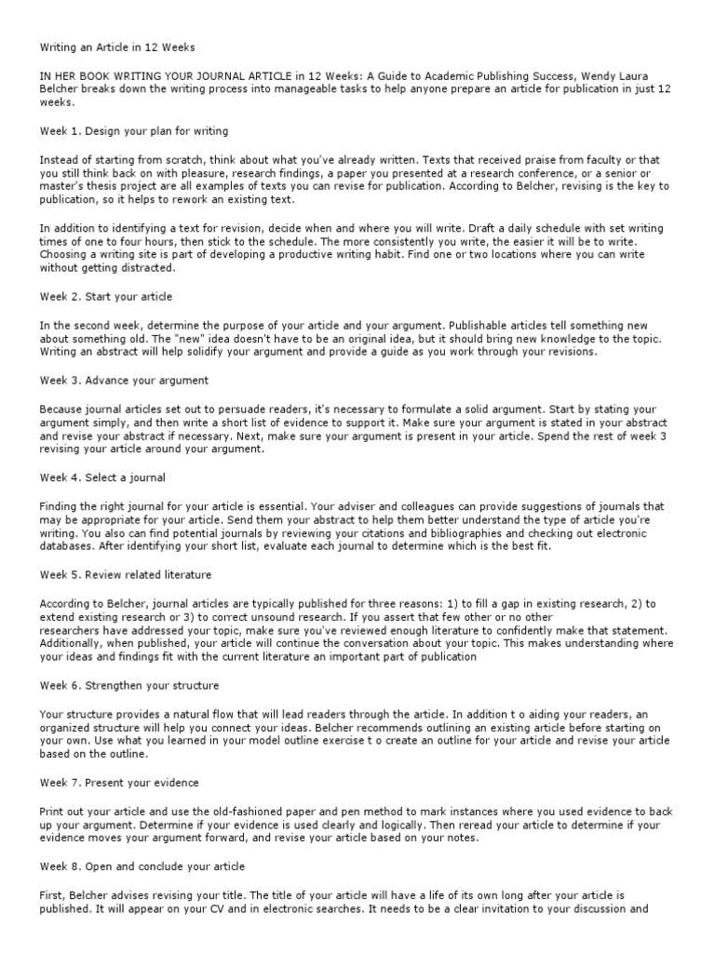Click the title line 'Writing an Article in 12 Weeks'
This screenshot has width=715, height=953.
click(x=116, y=47)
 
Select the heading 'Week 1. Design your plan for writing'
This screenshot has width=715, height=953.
click(x=133, y=130)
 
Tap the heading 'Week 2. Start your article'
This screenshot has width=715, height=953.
click(x=105, y=297)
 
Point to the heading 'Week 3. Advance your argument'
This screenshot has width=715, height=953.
click(x=124, y=381)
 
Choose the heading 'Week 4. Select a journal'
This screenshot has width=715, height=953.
click(x=102, y=477)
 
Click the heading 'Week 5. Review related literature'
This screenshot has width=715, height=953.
click(x=125, y=574)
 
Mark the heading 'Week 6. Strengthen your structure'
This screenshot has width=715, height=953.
click(x=129, y=686)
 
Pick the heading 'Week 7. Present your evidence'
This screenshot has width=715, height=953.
click(x=118, y=783)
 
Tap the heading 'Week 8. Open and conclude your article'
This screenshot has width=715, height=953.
click(x=142, y=866)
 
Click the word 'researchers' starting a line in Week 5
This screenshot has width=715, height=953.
click(x=74, y=630)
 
